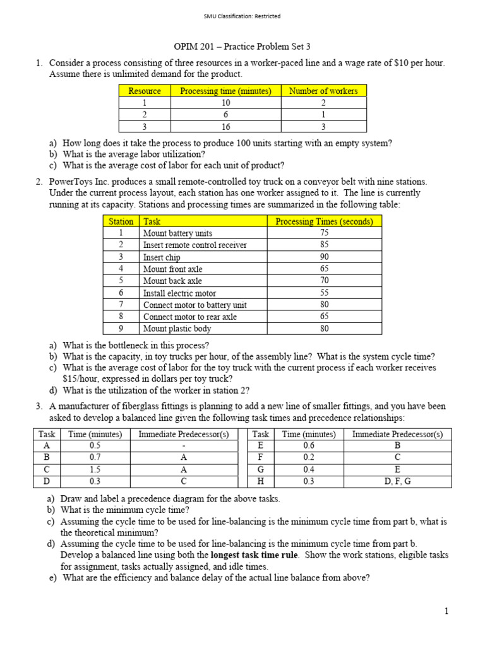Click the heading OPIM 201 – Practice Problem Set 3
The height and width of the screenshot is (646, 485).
coord(242,47)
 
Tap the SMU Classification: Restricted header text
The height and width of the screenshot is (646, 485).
coord(242,16)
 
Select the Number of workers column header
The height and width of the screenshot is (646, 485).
coord(323,91)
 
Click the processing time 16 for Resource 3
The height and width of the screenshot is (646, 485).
coord(225,126)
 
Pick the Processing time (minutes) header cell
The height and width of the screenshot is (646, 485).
coord(225,91)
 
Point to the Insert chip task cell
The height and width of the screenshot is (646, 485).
coord(162,257)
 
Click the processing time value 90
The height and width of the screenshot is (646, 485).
coord(324,257)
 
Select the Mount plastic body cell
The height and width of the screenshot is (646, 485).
coord(177,329)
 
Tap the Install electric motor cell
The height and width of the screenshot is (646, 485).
coord(179,293)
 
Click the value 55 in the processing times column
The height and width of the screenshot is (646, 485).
coord(324,293)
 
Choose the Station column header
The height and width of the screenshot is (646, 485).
coord(121,221)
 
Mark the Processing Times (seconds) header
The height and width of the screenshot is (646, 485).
coord(324,221)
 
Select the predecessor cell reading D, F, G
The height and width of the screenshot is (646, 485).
coord(397,482)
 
